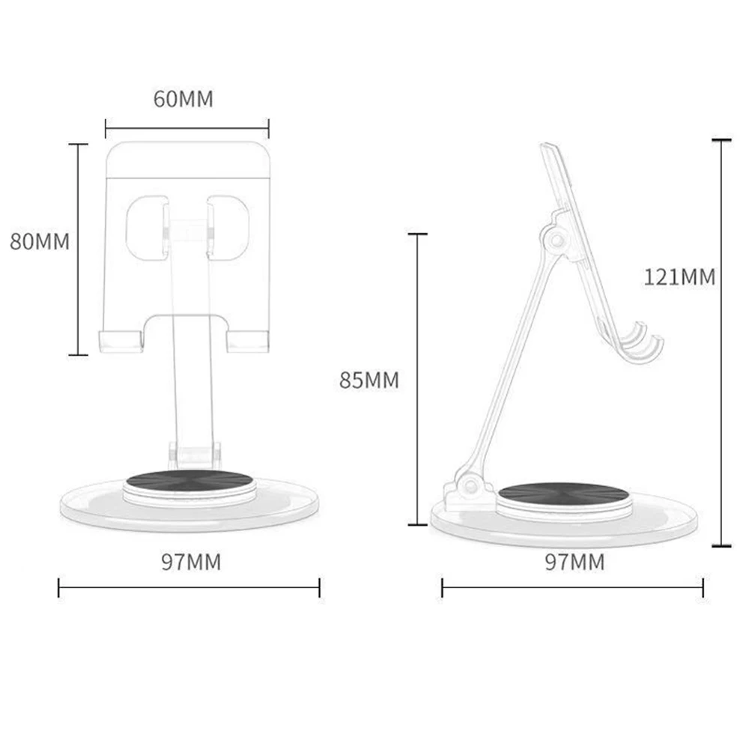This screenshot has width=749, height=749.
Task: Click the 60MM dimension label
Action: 184,99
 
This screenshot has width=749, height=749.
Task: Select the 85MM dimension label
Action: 369,380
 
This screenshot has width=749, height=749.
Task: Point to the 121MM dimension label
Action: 679,277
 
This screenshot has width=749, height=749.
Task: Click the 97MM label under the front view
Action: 191,562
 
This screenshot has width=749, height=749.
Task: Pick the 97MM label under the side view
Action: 574,562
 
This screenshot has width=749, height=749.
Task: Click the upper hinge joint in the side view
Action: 556,240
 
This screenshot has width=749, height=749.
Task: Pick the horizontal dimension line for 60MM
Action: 187,127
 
